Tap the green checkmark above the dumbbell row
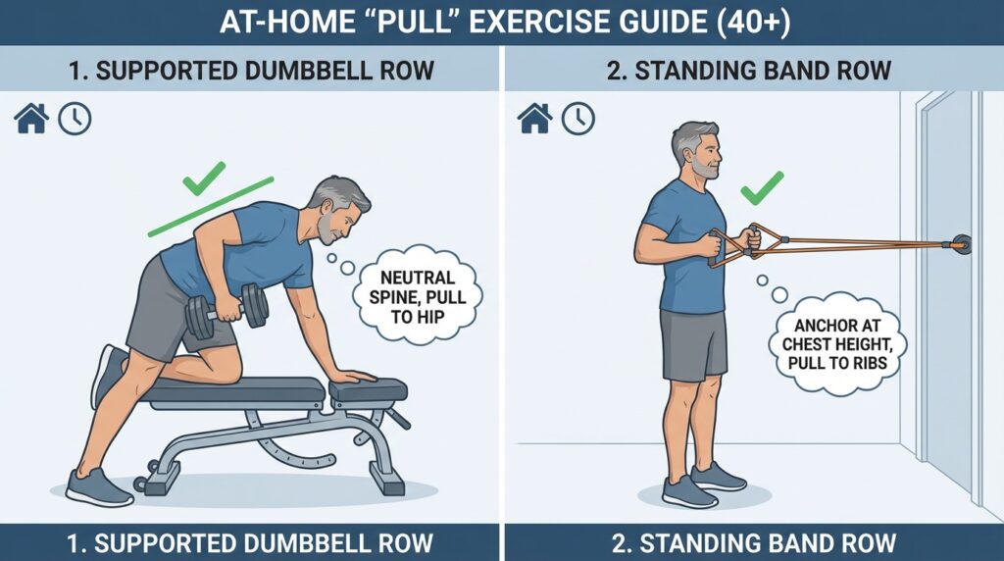coord(204,178)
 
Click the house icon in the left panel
coord(31,119)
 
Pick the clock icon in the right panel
coord(578,119)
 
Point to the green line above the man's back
coord(211,206)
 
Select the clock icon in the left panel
coord(75,119)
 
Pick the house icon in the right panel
coord(534,119)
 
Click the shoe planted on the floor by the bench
coord(98,487)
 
